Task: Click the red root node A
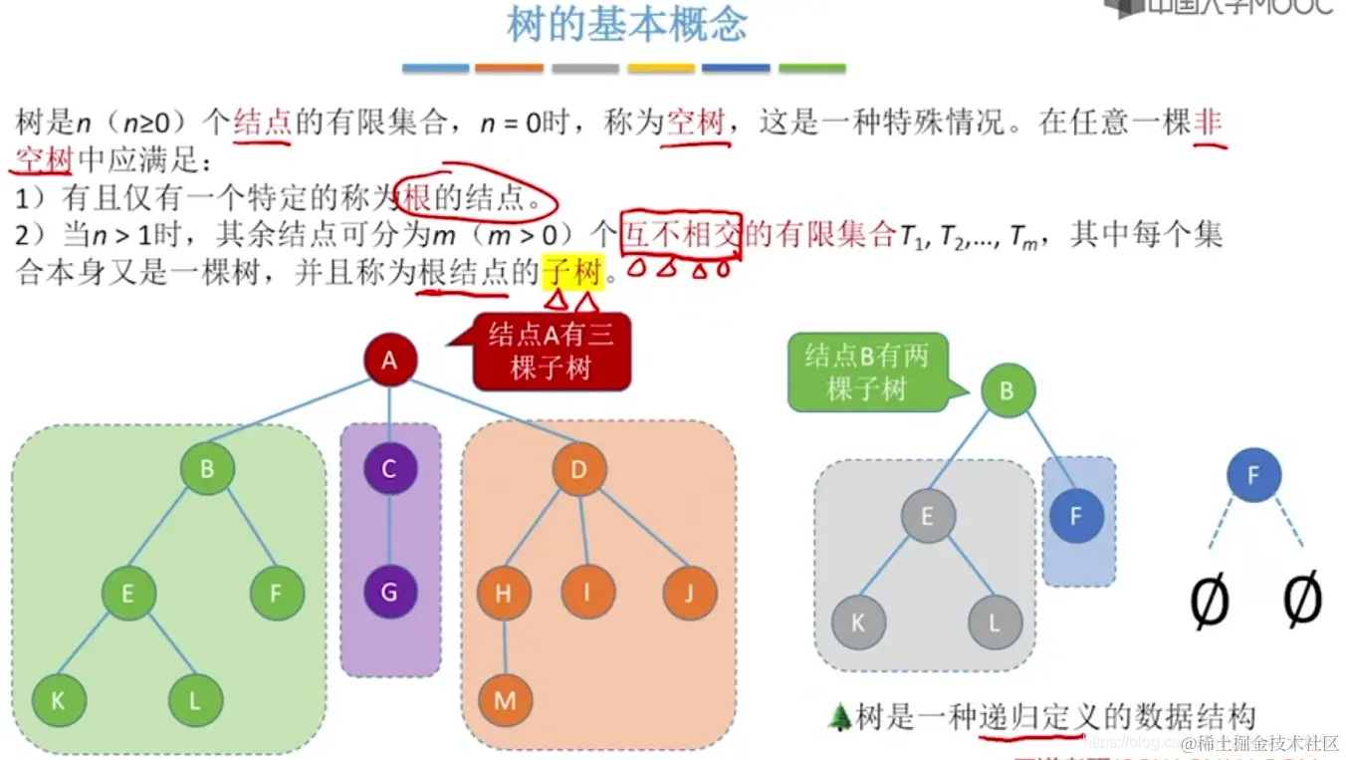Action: point(389,360)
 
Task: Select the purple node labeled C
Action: point(389,469)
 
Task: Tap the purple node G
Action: point(389,593)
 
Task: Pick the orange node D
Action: point(578,469)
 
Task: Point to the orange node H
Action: point(504,594)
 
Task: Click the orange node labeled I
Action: point(587,593)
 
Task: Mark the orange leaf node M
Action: point(505,700)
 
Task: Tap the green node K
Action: point(58,700)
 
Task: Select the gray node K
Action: point(858,625)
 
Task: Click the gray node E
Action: point(928,516)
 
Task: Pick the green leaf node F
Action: point(276,594)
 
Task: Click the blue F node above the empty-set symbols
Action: point(1253,476)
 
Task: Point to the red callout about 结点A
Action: point(551,352)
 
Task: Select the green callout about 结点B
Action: point(867,373)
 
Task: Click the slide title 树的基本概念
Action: point(626,24)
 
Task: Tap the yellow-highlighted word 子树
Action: point(572,271)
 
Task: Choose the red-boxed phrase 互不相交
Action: point(681,235)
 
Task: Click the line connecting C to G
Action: point(389,531)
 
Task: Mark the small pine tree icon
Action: point(839,715)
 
